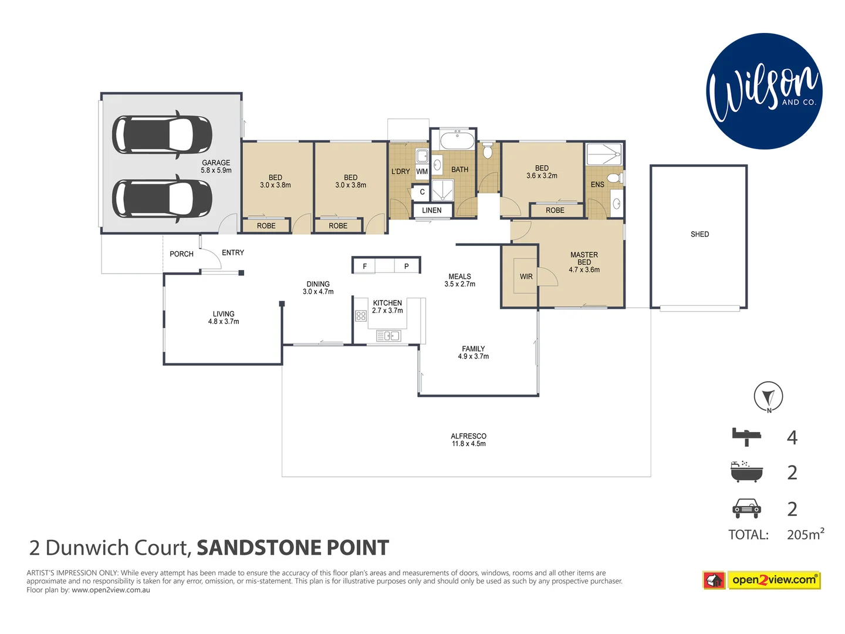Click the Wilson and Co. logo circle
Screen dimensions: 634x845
(x=764, y=91)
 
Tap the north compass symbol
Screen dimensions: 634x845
(x=768, y=396)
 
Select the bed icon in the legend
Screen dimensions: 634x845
(x=746, y=437)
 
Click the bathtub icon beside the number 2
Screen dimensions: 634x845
(x=746, y=472)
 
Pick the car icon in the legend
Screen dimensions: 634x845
(x=746, y=508)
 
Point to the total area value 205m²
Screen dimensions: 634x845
(x=805, y=534)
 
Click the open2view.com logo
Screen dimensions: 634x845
(x=762, y=580)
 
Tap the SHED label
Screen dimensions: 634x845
(x=699, y=234)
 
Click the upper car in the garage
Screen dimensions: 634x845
(x=162, y=134)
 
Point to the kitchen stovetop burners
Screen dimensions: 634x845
(x=361, y=316)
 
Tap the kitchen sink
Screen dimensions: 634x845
(x=388, y=336)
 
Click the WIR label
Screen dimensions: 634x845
(x=526, y=276)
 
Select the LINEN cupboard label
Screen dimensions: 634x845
(x=432, y=210)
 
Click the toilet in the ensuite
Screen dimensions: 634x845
(x=614, y=178)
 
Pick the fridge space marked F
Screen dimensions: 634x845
(x=364, y=266)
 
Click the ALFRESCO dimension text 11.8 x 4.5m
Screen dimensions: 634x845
(x=468, y=444)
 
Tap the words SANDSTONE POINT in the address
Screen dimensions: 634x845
(x=292, y=548)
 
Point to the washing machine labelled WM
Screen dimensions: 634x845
(x=422, y=171)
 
